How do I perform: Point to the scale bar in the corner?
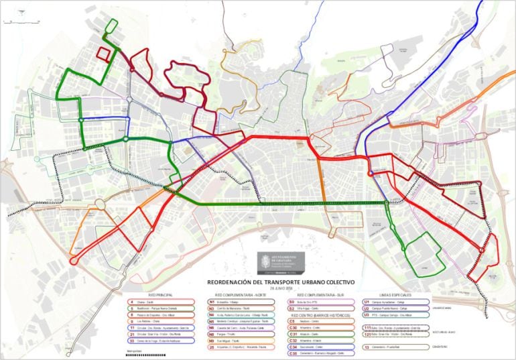click(x=13, y=22)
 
